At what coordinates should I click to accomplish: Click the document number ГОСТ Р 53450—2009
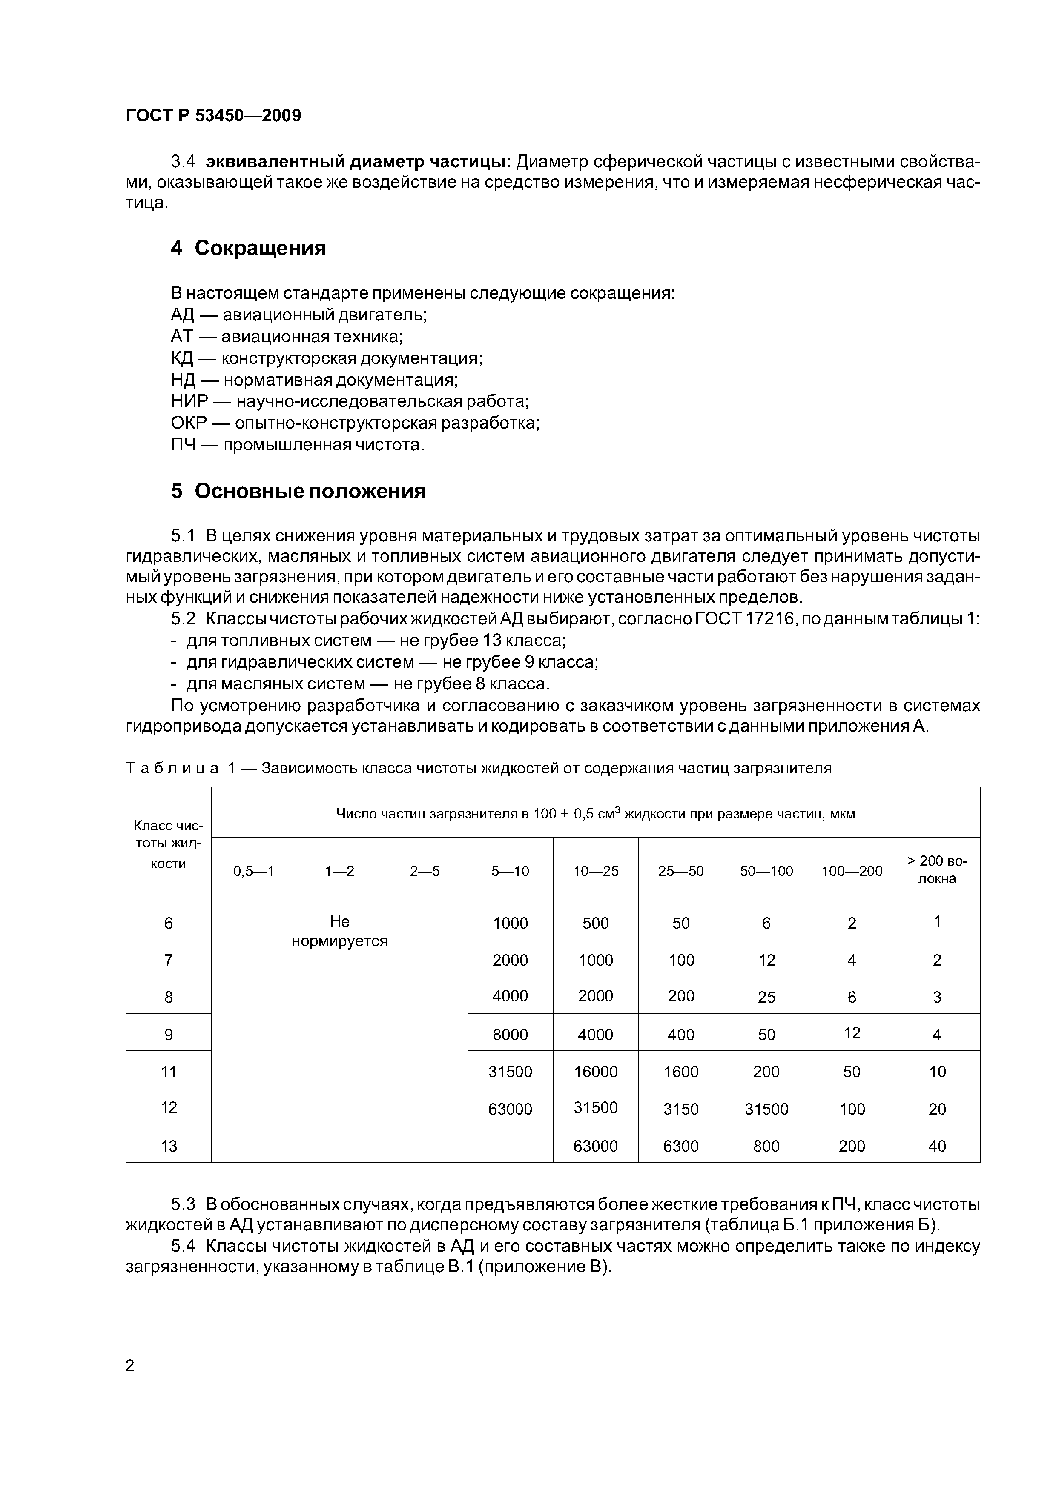[x=213, y=116]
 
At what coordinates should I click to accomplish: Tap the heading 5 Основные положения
[x=298, y=491]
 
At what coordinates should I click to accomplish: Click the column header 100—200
[x=851, y=871]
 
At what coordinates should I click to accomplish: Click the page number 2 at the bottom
[x=129, y=1366]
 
